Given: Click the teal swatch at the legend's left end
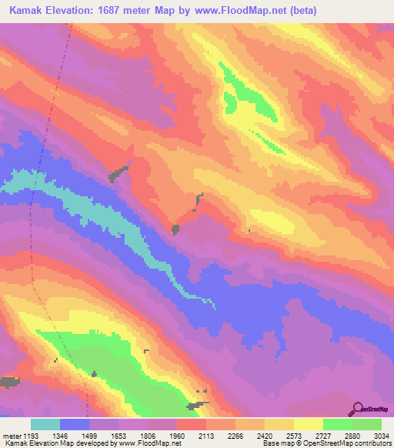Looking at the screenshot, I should (x=45, y=424).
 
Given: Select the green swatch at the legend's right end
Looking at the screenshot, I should (x=367, y=424).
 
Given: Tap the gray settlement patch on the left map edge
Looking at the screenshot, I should (x=8, y=382).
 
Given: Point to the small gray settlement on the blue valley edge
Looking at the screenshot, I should (x=175, y=229).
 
